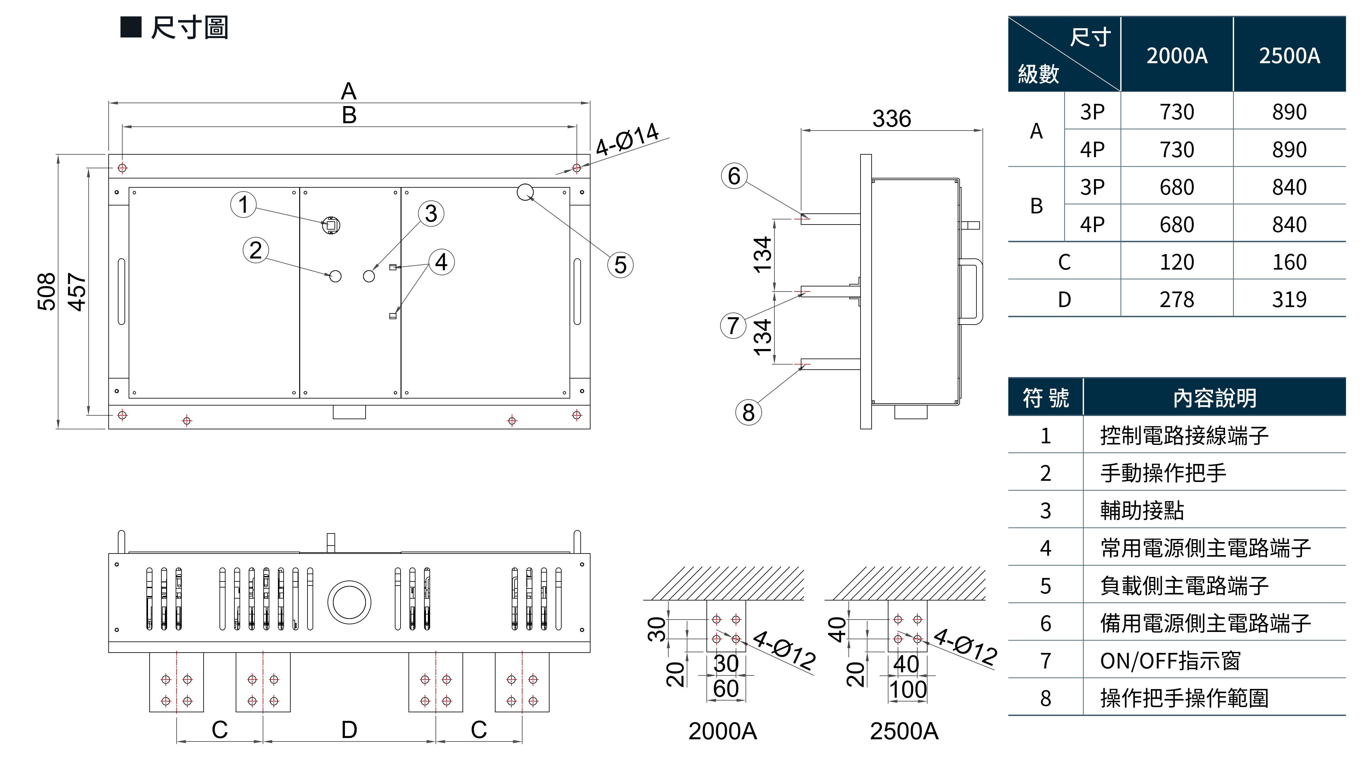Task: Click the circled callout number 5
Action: [x=620, y=265]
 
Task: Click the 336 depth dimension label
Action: [x=891, y=118]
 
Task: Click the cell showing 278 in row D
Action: [x=1177, y=300]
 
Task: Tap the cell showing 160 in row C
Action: [x=1289, y=262]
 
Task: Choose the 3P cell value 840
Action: [x=1289, y=187]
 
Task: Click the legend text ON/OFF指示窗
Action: [x=1170, y=661]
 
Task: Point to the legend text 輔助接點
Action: [x=1142, y=510]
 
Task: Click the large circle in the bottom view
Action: [x=349, y=602]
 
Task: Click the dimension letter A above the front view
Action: [x=348, y=91]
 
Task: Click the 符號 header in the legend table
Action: [x=1046, y=398]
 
